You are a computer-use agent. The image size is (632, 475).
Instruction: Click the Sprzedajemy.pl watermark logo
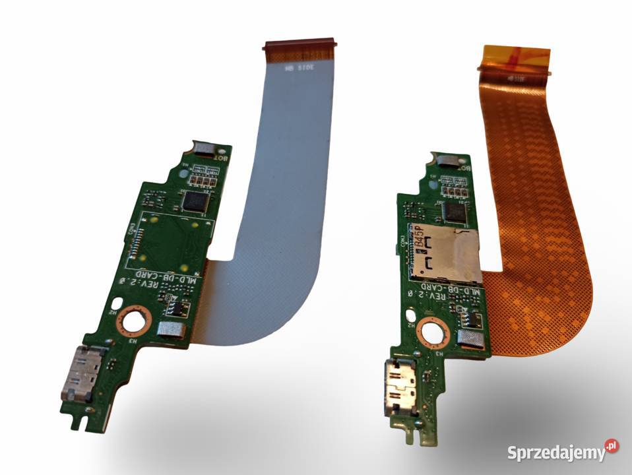pyautogui.click(x=562, y=452)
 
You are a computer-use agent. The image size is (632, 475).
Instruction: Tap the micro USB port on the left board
pyautogui.click(x=82, y=372)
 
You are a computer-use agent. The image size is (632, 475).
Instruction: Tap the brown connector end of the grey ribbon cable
pyautogui.click(x=300, y=46)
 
